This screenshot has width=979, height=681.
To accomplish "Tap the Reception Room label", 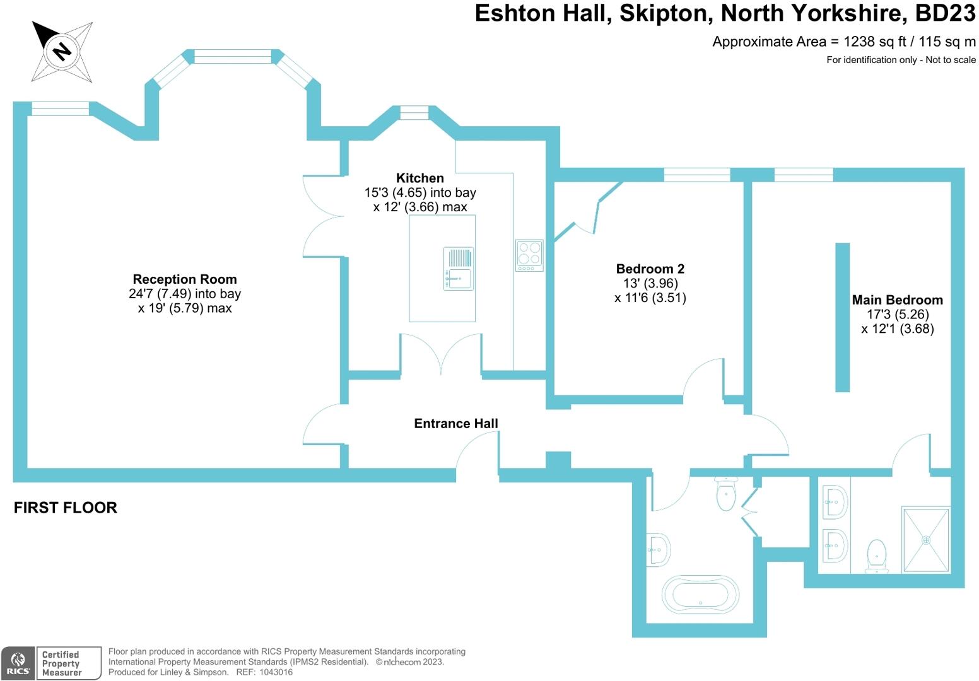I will [x=185, y=279].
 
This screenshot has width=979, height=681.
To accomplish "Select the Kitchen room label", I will [x=420, y=178].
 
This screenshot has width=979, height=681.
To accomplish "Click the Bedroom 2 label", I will [x=650, y=269].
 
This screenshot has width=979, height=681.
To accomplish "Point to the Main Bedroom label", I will [x=897, y=300].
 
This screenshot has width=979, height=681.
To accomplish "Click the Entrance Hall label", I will [x=456, y=424].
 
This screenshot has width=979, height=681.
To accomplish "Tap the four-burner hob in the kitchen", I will [x=529, y=255].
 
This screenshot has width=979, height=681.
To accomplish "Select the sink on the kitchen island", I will [x=459, y=269].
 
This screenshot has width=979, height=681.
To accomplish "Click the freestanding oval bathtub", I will [x=700, y=594].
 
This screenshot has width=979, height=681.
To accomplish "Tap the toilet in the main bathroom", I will [x=727, y=493].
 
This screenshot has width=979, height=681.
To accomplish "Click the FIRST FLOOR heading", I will [x=66, y=508].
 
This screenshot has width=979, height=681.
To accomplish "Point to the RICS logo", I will [x=18, y=663].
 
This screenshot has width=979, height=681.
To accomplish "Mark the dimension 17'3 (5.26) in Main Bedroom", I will [x=897, y=315].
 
